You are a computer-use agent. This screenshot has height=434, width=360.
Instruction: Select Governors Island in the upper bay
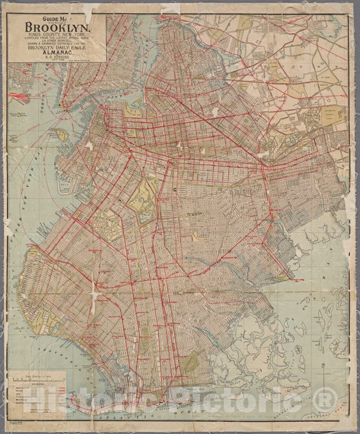point(63,135)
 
